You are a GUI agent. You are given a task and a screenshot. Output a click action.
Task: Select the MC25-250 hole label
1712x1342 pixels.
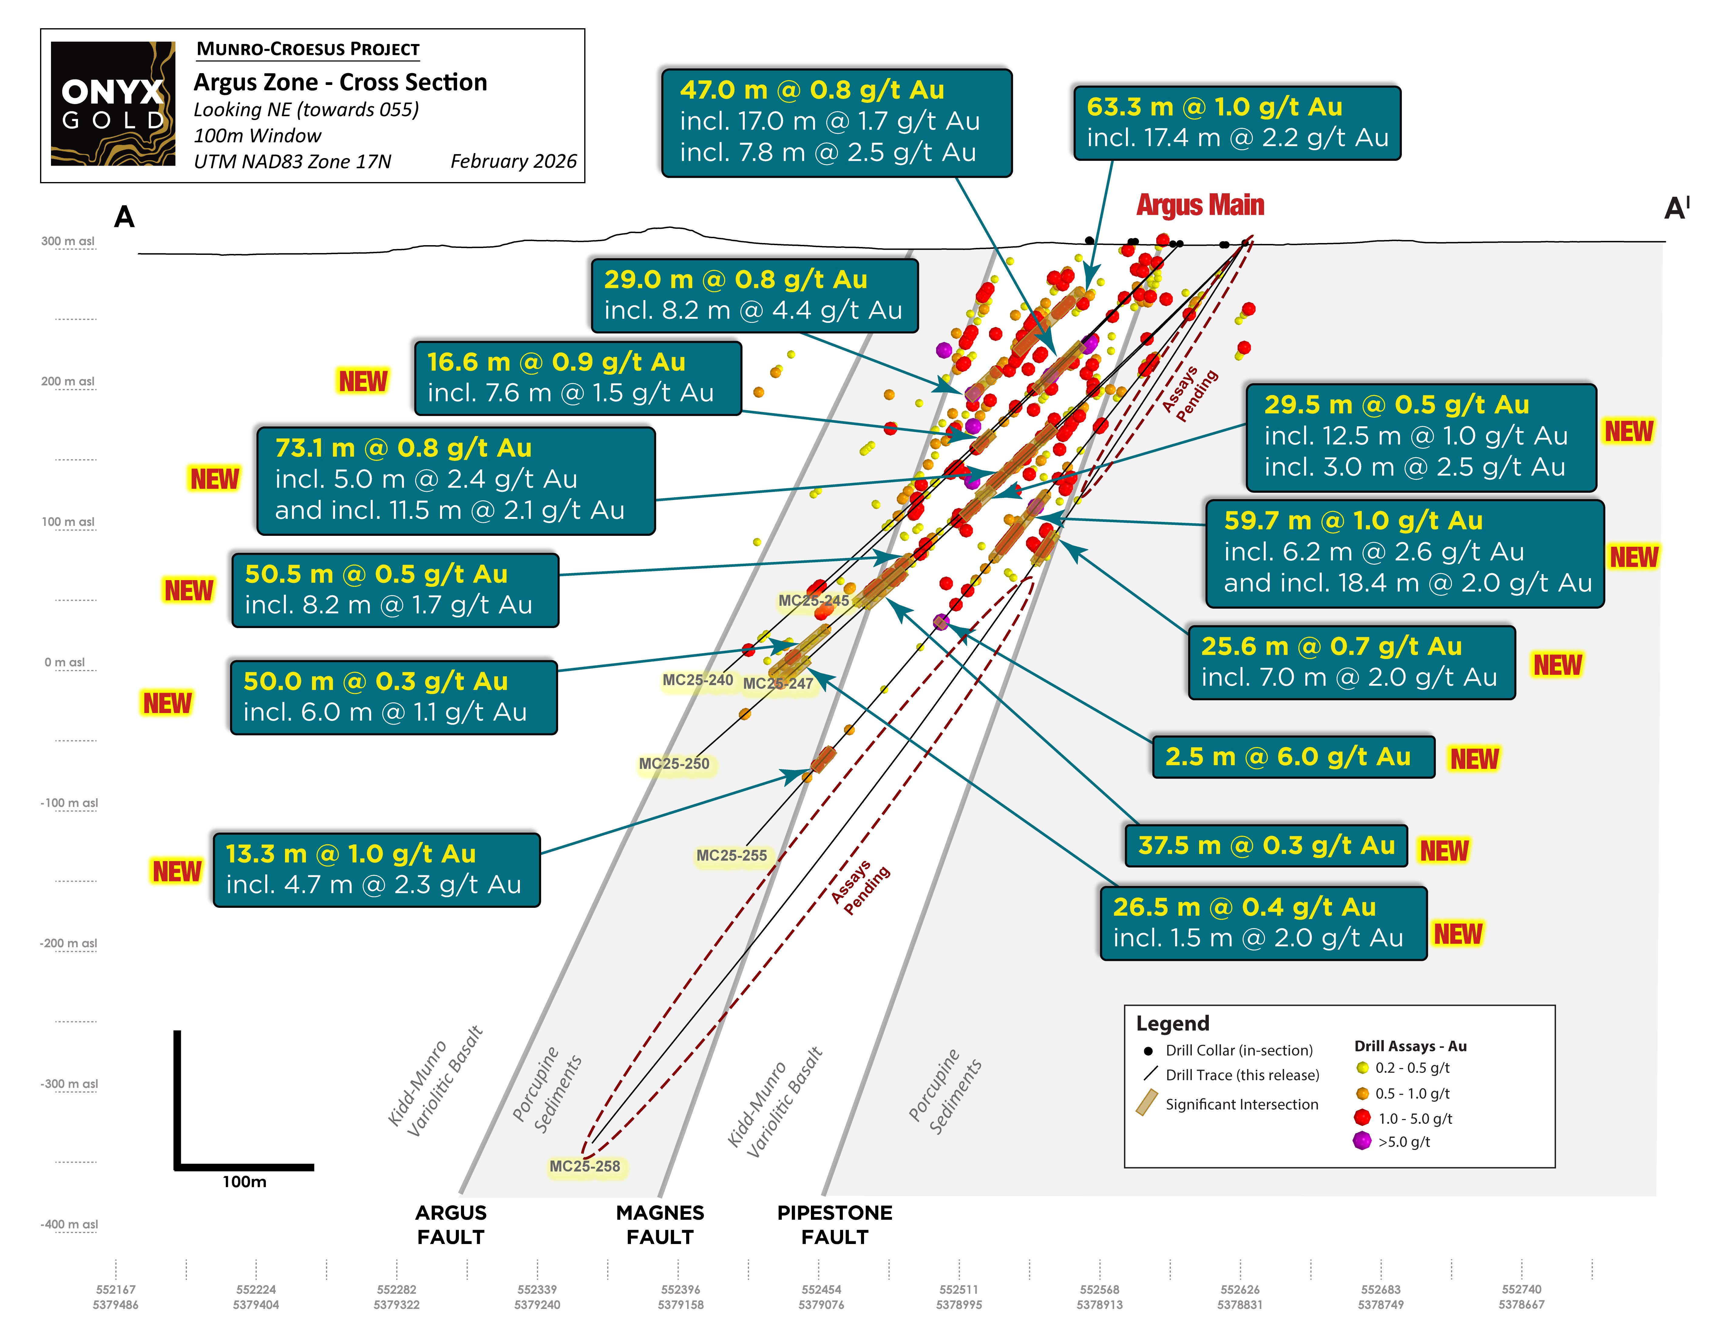pyautogui.click(x=674, y=764)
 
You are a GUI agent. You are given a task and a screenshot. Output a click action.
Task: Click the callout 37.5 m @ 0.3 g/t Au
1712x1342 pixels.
pyautogui.click(x=1266, y=845)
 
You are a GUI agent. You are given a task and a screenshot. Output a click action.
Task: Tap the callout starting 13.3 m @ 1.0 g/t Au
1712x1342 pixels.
pyautogui.click(x=376, y=869)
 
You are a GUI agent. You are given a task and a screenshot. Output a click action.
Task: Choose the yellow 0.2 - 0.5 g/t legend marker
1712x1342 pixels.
pyautogui.click(x=1362, y=1068)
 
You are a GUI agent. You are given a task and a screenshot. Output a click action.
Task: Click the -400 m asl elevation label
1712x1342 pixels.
pyautogui.click(x=69, y=1224)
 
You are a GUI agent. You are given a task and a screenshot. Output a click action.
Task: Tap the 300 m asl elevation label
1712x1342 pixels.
pyautogui.click(x=68, y=241)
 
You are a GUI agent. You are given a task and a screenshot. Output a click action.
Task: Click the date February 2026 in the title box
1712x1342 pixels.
pyautogui.click(x=513, y=161)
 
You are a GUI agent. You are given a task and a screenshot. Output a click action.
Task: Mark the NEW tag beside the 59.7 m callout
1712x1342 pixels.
pyautogui.click(x=1633, y=557)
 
